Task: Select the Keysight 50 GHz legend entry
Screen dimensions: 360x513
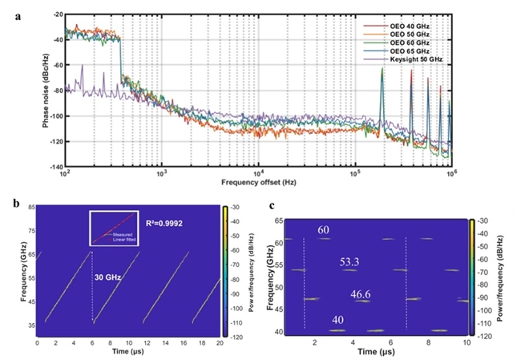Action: tap(424, 59)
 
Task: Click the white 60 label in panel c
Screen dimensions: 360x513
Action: tap(324, 231)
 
